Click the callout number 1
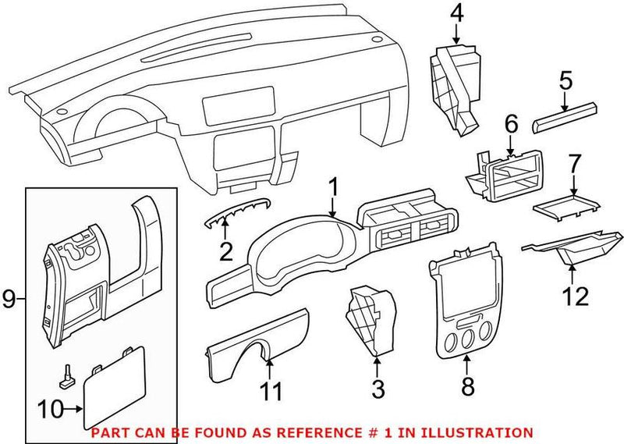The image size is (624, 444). [x=333, y=187]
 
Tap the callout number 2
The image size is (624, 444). [x=225, y=251]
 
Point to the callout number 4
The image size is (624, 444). [x=456, y=13]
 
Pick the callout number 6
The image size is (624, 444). [x=511, y=123]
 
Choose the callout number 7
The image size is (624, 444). [x=574, y=165]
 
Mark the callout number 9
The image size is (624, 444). [x=9, y=298]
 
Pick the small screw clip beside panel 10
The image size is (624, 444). [x=66, y=376]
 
